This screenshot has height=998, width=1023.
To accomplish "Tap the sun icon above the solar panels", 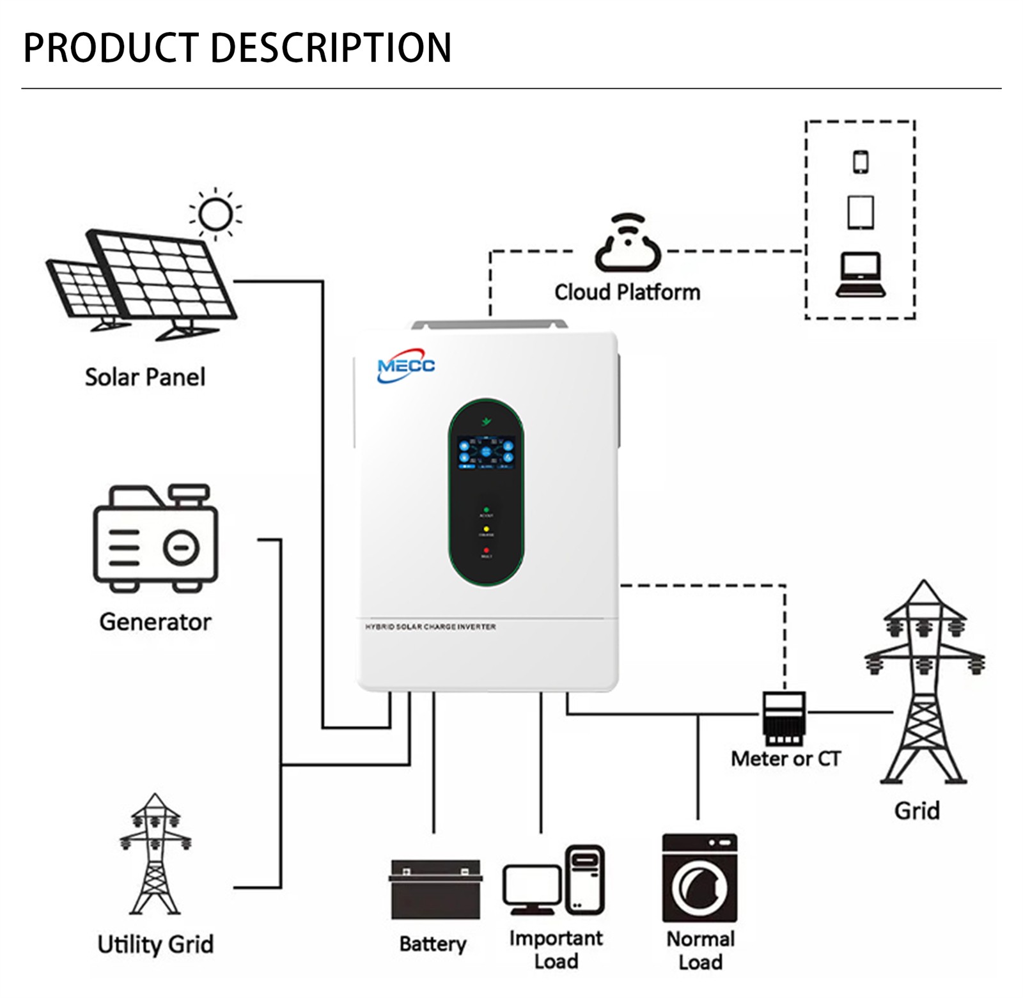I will [x=215, y=214].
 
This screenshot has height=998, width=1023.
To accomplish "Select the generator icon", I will [x=155, y=538].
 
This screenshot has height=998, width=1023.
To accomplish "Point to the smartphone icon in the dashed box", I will [x=861, y=162].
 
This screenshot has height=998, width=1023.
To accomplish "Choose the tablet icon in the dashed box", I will [x=861, y=212].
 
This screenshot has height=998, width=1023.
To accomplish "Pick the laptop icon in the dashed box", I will [x=861, y=276].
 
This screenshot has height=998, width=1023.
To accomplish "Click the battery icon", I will [x=435, y=889].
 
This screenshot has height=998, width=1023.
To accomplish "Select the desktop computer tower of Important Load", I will [x=584, y=879].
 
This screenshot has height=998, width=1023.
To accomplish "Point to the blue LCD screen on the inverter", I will [x=486, y=452].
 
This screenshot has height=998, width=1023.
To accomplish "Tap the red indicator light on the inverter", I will [x=487, y=550].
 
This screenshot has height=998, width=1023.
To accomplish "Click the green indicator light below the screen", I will [x=487, y=510].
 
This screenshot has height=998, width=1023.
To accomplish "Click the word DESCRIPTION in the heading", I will [x=331, y=48].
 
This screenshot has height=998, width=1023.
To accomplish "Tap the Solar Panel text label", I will [x=145, y=377].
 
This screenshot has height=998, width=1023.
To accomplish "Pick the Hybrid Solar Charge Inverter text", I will [x=430, y=627].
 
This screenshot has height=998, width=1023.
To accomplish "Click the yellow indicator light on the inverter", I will [x=487, y=529].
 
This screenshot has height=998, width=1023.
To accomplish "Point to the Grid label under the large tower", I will [x=917, y=811].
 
